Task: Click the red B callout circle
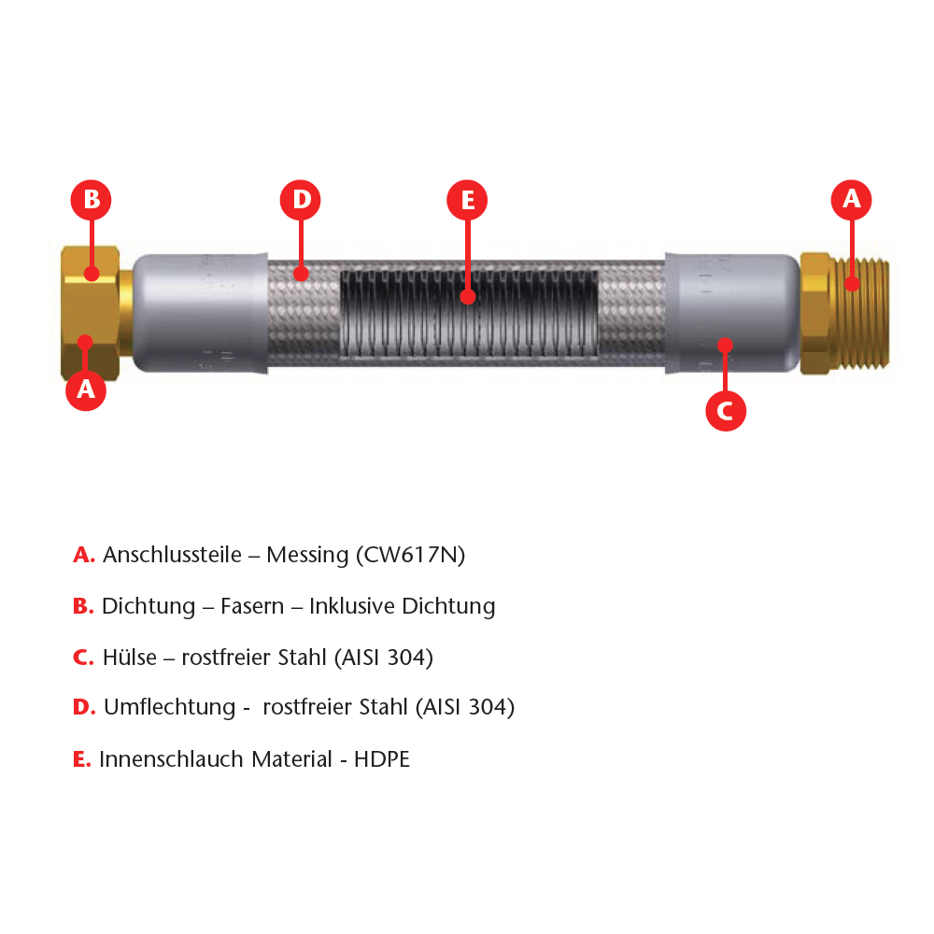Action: coord(92,200)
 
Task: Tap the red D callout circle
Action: coord(300,200)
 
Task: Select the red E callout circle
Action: coord(467,200)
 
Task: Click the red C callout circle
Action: coord(726,410)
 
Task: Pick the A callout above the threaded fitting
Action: coord(851,200)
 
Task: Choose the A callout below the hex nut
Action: coord(86,390)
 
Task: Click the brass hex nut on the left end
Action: coord(91,313)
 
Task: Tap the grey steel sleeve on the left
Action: coord(200,313)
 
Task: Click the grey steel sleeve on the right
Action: coord(732,313)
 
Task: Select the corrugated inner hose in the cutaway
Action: coord(469,314)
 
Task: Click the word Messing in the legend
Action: coord(307,555)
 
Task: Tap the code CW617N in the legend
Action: coord(410,555)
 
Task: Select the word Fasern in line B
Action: coord(252,606)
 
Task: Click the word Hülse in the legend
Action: coord(129,658)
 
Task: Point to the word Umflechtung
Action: coord(170,707)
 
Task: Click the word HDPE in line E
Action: coord(382,759)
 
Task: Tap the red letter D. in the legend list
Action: coord(84,707)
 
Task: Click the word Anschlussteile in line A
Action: coord(172,555)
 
